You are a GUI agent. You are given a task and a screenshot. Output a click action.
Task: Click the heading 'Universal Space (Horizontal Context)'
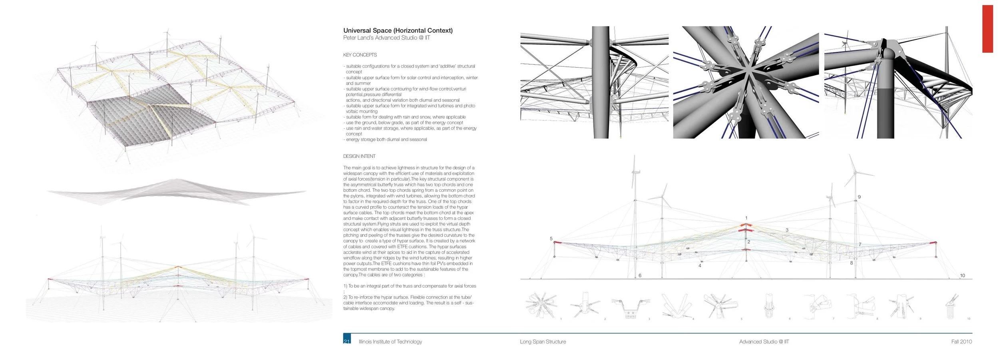coord(398,30)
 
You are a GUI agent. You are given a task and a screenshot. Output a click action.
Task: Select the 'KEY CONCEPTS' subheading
coord(360,55)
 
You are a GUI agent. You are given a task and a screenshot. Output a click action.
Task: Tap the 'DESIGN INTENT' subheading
coord(359,156)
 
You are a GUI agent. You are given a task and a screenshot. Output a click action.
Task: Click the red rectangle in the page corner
coord(987,29)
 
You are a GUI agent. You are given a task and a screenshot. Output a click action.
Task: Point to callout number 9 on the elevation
coord(859,197)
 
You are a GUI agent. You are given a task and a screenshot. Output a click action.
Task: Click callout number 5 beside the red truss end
coord(551,239)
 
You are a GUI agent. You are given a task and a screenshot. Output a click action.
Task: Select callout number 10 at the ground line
coord(962,275)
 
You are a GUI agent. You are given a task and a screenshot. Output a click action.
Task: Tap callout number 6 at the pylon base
coord(640,275)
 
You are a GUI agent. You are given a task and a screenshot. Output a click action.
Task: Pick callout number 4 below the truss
coord(700,265)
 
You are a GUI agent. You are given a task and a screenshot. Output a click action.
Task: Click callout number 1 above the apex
coord(746,218)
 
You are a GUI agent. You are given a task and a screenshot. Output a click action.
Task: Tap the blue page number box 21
coord(347,339)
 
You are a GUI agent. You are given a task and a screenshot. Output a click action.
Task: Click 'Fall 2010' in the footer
coord(961,342)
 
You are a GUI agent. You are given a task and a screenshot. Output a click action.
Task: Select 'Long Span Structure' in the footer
coord(543,342)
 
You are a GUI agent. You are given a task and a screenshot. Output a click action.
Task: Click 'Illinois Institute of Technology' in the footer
coord(390,342)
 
